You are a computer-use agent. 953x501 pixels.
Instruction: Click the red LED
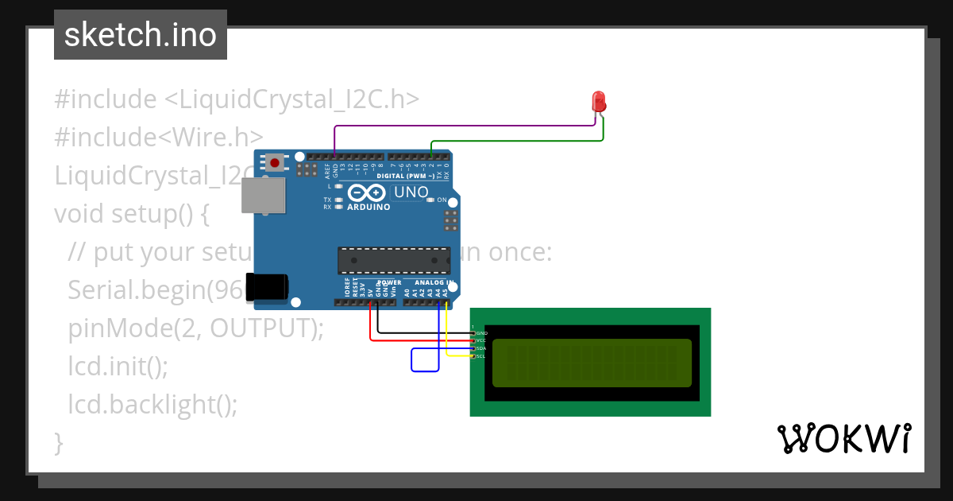click(x=599, y=103)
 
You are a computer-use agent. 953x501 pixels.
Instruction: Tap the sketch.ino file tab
click(x=141, y=35)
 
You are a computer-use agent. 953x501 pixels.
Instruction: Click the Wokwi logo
click(x=843, y=438)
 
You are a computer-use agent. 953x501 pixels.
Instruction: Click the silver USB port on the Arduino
click(x=263, y=196)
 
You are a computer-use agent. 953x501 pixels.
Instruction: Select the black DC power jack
click(x=267, y=287)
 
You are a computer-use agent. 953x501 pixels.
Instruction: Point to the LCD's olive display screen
click(x=592, y=363)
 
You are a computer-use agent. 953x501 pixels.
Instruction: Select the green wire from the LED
click(x=516, y=142)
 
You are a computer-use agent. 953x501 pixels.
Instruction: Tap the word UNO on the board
click(x=411, y=192)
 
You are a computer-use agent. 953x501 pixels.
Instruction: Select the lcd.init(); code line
click(x=118, y=366)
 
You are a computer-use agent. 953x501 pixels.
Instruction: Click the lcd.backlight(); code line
click(x=152, y=404)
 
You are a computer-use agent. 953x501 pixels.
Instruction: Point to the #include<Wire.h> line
click(x=158, y=138)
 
